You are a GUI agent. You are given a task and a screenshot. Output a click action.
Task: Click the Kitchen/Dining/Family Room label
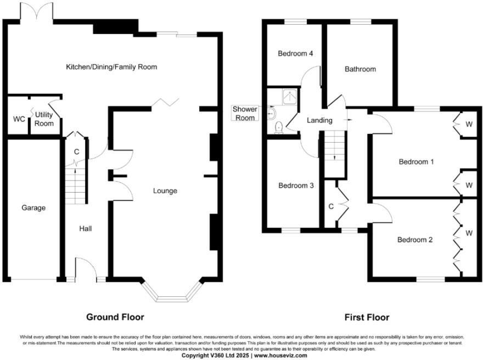111,67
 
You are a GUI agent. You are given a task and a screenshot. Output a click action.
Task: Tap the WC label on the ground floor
18,119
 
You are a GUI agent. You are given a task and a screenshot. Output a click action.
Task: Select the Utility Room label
44,119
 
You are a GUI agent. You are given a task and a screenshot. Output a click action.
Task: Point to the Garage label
33,208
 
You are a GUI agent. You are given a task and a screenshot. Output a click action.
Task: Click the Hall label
85,228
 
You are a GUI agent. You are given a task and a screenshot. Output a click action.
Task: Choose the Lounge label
165,191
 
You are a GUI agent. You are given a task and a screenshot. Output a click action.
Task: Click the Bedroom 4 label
295,54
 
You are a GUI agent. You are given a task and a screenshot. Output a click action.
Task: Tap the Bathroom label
360,69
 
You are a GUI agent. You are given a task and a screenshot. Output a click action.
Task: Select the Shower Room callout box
245,114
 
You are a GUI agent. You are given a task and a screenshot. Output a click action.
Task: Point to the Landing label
319,120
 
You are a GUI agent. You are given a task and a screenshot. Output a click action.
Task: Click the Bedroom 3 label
296,185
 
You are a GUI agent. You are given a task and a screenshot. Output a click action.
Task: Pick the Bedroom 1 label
416,162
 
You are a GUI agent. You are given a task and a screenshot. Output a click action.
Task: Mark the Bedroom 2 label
415,240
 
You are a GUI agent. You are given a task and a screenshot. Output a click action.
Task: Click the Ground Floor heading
115,317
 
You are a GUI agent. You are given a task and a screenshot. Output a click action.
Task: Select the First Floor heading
367,317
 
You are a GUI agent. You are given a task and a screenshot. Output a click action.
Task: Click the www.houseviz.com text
280,356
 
